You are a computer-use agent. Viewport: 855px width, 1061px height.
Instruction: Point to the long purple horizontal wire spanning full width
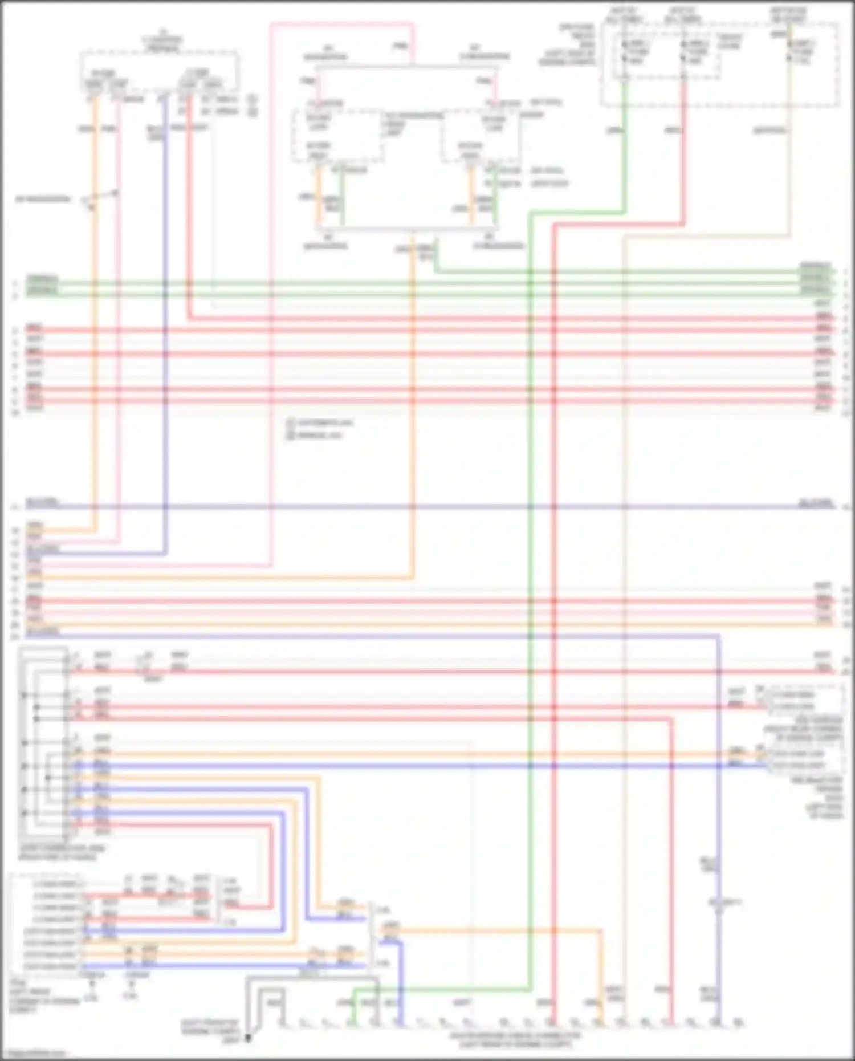click(427, 506)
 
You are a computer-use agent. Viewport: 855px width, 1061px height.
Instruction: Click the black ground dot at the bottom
click(249, 1038)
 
